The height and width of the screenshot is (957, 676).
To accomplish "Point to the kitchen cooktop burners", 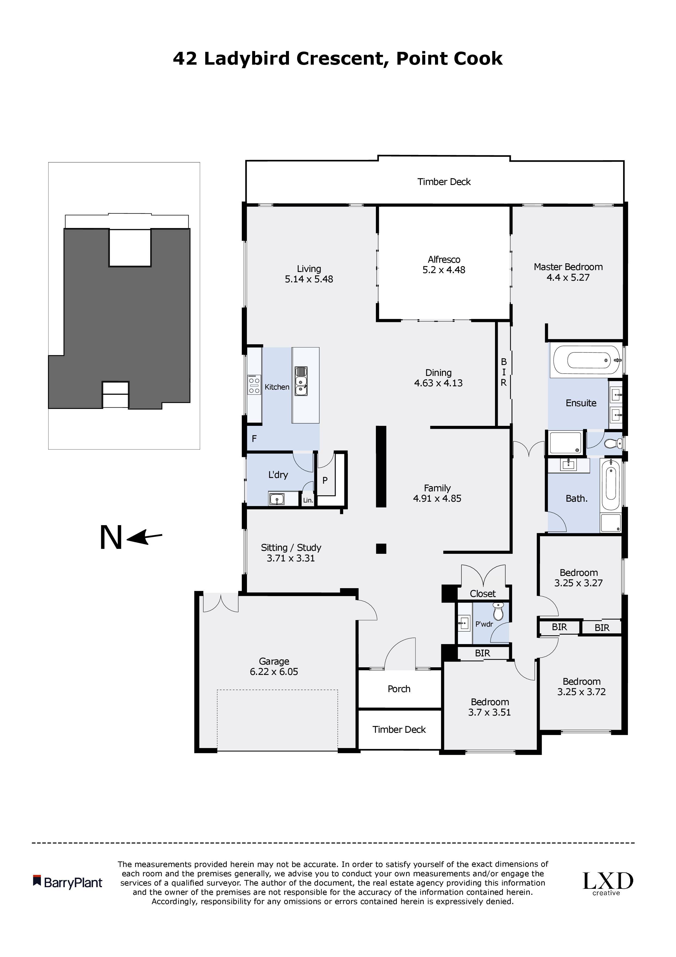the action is click(x=254, y=384).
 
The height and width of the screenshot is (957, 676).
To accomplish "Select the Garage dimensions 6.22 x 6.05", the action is click(x=274, y=672).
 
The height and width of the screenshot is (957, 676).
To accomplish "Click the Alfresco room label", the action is click(x=444, y=259).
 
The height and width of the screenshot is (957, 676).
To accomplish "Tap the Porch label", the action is click(x=399, y=689).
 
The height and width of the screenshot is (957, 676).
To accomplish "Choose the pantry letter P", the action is click(x=325, y=480).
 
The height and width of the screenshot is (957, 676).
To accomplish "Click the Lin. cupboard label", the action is click(x=308, y=500).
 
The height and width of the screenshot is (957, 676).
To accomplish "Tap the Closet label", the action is click(x=483, y=594).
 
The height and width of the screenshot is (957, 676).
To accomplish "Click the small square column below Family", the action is click(x=381, y=549).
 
